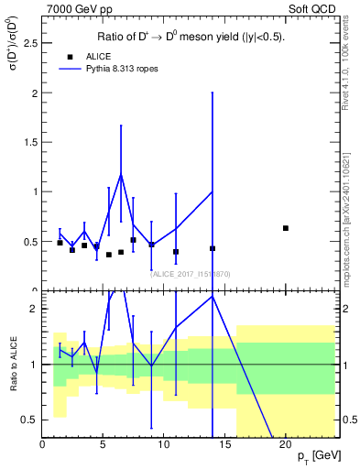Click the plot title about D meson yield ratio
191,38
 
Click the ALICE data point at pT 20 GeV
286,228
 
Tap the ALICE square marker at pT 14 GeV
213,248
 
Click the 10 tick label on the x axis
163,444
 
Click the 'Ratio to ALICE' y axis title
13,364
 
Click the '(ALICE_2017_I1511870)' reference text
191,273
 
